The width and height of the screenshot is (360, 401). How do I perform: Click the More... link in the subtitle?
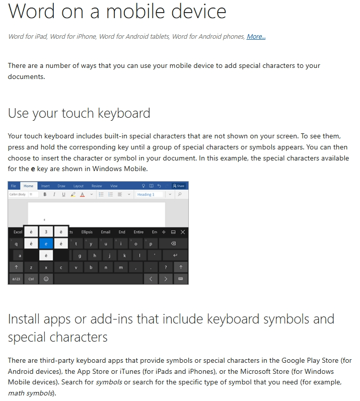click(x=256, y=36)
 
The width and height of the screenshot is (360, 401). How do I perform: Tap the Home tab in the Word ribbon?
click(x=29, y=186)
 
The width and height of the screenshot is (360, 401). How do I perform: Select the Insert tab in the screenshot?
click(x=45, y=186)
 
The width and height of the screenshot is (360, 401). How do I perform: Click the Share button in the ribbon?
click(x=179, y=186)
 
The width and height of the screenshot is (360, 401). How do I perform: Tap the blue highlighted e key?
click(x=46, y=244)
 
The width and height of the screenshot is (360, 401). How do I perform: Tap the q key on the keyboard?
click(x=16, y=244)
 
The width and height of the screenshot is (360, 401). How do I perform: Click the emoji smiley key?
click(x=46, y=278)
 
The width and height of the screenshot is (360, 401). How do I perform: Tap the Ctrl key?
click(x=31, y=278)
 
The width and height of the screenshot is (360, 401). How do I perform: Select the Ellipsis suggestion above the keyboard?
click(x=87, y=232)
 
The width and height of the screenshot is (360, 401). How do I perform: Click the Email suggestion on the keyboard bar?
click(x=105, y=232)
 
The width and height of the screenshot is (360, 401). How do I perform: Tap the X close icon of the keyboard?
click(x=182, y=232)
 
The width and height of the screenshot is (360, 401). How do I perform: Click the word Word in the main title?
click(x=31, y=11)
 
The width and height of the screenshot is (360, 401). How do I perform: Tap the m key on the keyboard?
click(x=121, y=267)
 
